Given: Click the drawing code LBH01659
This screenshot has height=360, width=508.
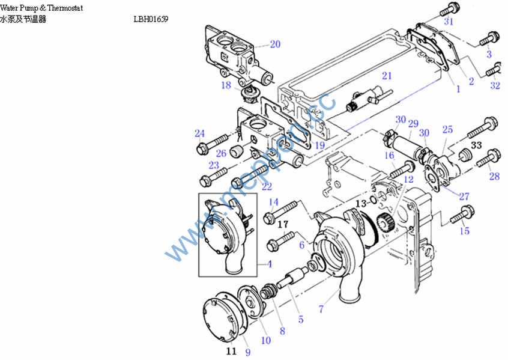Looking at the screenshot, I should [x=151, y=19].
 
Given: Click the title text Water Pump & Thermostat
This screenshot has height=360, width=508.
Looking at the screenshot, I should [x=41, y=8].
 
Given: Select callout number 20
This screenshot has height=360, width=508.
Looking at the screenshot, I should [x=275, y=44].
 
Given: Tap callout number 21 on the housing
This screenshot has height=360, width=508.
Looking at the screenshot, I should [x=386, y=76].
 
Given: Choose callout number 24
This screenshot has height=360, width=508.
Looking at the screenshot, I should [x=200, y=133].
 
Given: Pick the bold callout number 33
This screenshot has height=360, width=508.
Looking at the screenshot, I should [x=477, y=145].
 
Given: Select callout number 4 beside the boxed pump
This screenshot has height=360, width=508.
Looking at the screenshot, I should [x=269, y=263].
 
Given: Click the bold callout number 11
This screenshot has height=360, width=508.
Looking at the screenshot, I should [x=231, y=351].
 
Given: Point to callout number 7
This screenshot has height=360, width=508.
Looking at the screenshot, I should [x=321, y=310].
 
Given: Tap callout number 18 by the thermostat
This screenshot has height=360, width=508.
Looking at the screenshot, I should [x=226, y=85].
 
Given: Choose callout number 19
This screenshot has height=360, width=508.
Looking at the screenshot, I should [x=319, y=145].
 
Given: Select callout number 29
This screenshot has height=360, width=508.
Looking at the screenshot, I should [x=413, y=123].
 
